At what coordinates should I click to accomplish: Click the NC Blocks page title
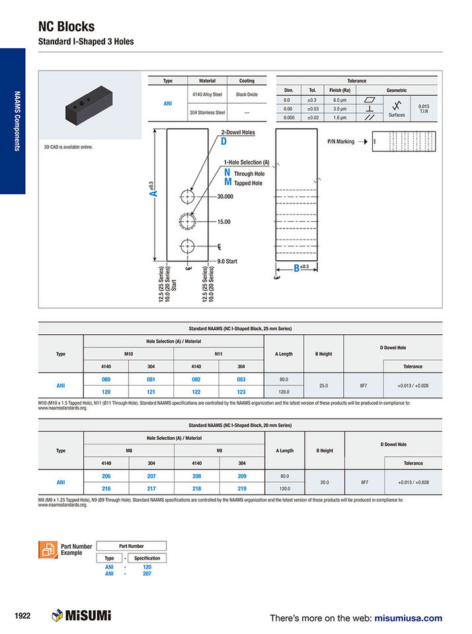click(66, 26)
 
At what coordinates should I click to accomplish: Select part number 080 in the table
click(106, 379)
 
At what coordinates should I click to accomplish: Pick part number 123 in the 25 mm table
click(241, 391)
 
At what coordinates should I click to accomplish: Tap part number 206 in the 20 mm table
click(106, 475)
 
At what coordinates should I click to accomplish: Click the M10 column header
click(128, 353)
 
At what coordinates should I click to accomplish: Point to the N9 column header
click(219, 450)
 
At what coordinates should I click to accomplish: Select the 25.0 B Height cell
click(325, 385)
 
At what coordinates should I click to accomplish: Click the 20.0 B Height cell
click(325, 481)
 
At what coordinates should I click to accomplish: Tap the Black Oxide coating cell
click(246, 95)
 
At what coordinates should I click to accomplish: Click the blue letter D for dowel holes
click(223, 141)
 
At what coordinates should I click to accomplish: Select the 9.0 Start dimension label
click(227, 262)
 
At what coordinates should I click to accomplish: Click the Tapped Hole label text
click(248, 183)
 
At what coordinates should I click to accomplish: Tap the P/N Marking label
click(341, 141)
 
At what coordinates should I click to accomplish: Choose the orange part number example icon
click(48, 549)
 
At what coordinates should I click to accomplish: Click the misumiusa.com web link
click(408, 618)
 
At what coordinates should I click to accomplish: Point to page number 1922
click(22, 616)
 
